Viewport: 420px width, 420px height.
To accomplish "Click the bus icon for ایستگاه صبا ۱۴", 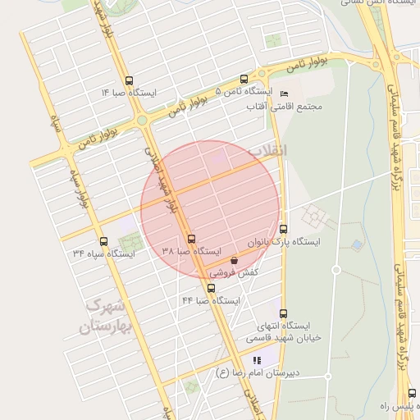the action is [130, 80].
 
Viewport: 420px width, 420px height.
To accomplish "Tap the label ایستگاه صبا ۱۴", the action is [128, 93].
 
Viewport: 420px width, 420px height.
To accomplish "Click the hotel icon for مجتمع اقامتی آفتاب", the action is [284, 94].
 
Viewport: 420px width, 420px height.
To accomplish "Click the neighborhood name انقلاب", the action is [268, 151].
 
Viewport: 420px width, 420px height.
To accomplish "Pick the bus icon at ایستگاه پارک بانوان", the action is [284, 229].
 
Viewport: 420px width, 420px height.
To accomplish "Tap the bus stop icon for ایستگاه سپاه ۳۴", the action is [103, 241].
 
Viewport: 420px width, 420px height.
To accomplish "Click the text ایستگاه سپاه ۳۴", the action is [103, 254].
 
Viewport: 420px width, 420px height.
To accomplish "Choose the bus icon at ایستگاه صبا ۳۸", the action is [192, 239].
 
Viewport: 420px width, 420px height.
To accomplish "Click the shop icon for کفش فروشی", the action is [234, 260].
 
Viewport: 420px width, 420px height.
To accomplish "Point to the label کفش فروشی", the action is [234, 271].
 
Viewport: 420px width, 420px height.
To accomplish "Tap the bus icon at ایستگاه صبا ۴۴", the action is [212, 288].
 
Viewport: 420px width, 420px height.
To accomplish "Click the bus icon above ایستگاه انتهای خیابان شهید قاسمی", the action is [284, 313].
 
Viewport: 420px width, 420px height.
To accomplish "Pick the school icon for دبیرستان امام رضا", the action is [257, 360].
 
